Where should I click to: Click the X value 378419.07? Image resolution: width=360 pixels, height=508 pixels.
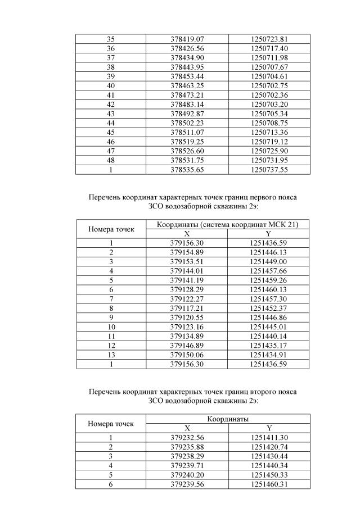point(187,39)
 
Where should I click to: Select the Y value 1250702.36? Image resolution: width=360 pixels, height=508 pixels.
point(269,94)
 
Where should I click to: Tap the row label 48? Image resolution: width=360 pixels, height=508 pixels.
point(110,160)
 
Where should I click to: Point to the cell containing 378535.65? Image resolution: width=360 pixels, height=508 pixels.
point(187,169)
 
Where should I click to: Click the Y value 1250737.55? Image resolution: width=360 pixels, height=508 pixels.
point(269,169)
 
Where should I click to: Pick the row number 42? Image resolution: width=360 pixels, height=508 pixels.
point(110,104)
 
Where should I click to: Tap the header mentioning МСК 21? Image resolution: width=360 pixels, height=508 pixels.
point(228,224)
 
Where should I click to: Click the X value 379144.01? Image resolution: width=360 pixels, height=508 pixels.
point(187,271)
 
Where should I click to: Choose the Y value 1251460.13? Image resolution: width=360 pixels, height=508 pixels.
point(269,289)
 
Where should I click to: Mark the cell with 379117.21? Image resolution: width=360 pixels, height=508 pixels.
point(187,308)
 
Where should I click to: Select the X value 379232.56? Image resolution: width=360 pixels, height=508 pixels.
point(187,437)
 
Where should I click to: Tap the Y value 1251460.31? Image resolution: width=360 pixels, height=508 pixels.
point(269,484)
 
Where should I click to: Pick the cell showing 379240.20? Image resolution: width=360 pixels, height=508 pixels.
point(187,474)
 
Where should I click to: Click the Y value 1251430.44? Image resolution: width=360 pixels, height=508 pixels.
point(269,456)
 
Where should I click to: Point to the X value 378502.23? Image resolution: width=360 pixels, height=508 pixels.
point(187,123)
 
